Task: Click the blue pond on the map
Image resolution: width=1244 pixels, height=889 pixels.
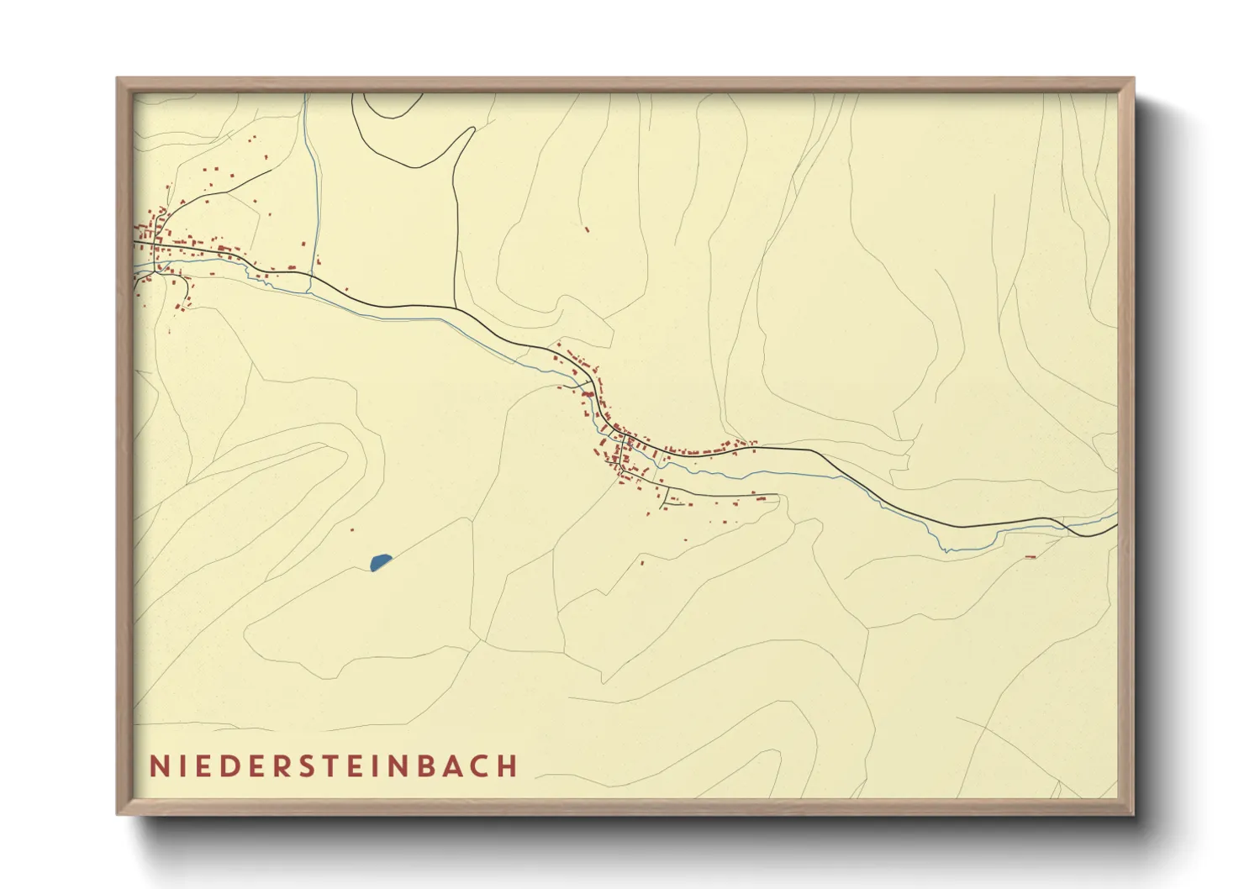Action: pos(380,561)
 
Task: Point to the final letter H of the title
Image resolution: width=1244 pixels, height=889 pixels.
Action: pos(507,766)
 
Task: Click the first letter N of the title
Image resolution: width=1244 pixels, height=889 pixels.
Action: pos(158,766)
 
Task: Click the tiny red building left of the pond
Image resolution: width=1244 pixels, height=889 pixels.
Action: pos(351,529)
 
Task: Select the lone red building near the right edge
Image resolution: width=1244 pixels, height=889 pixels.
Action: pos(1031,556)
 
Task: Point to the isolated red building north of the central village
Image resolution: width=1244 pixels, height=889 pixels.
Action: pos(587,227)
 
